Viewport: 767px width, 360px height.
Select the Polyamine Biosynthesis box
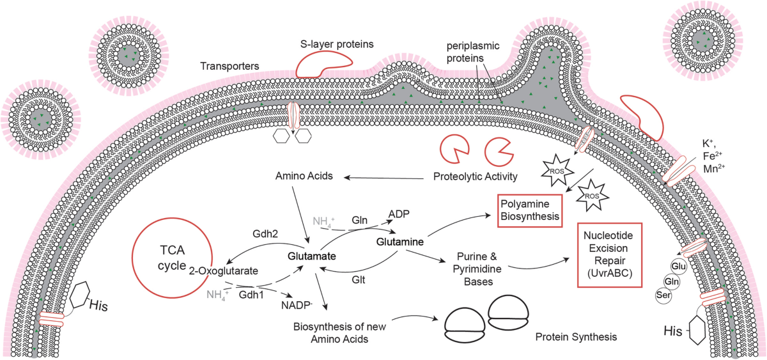[x=530, y=210]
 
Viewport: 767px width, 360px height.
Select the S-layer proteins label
[x=337, y=44]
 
